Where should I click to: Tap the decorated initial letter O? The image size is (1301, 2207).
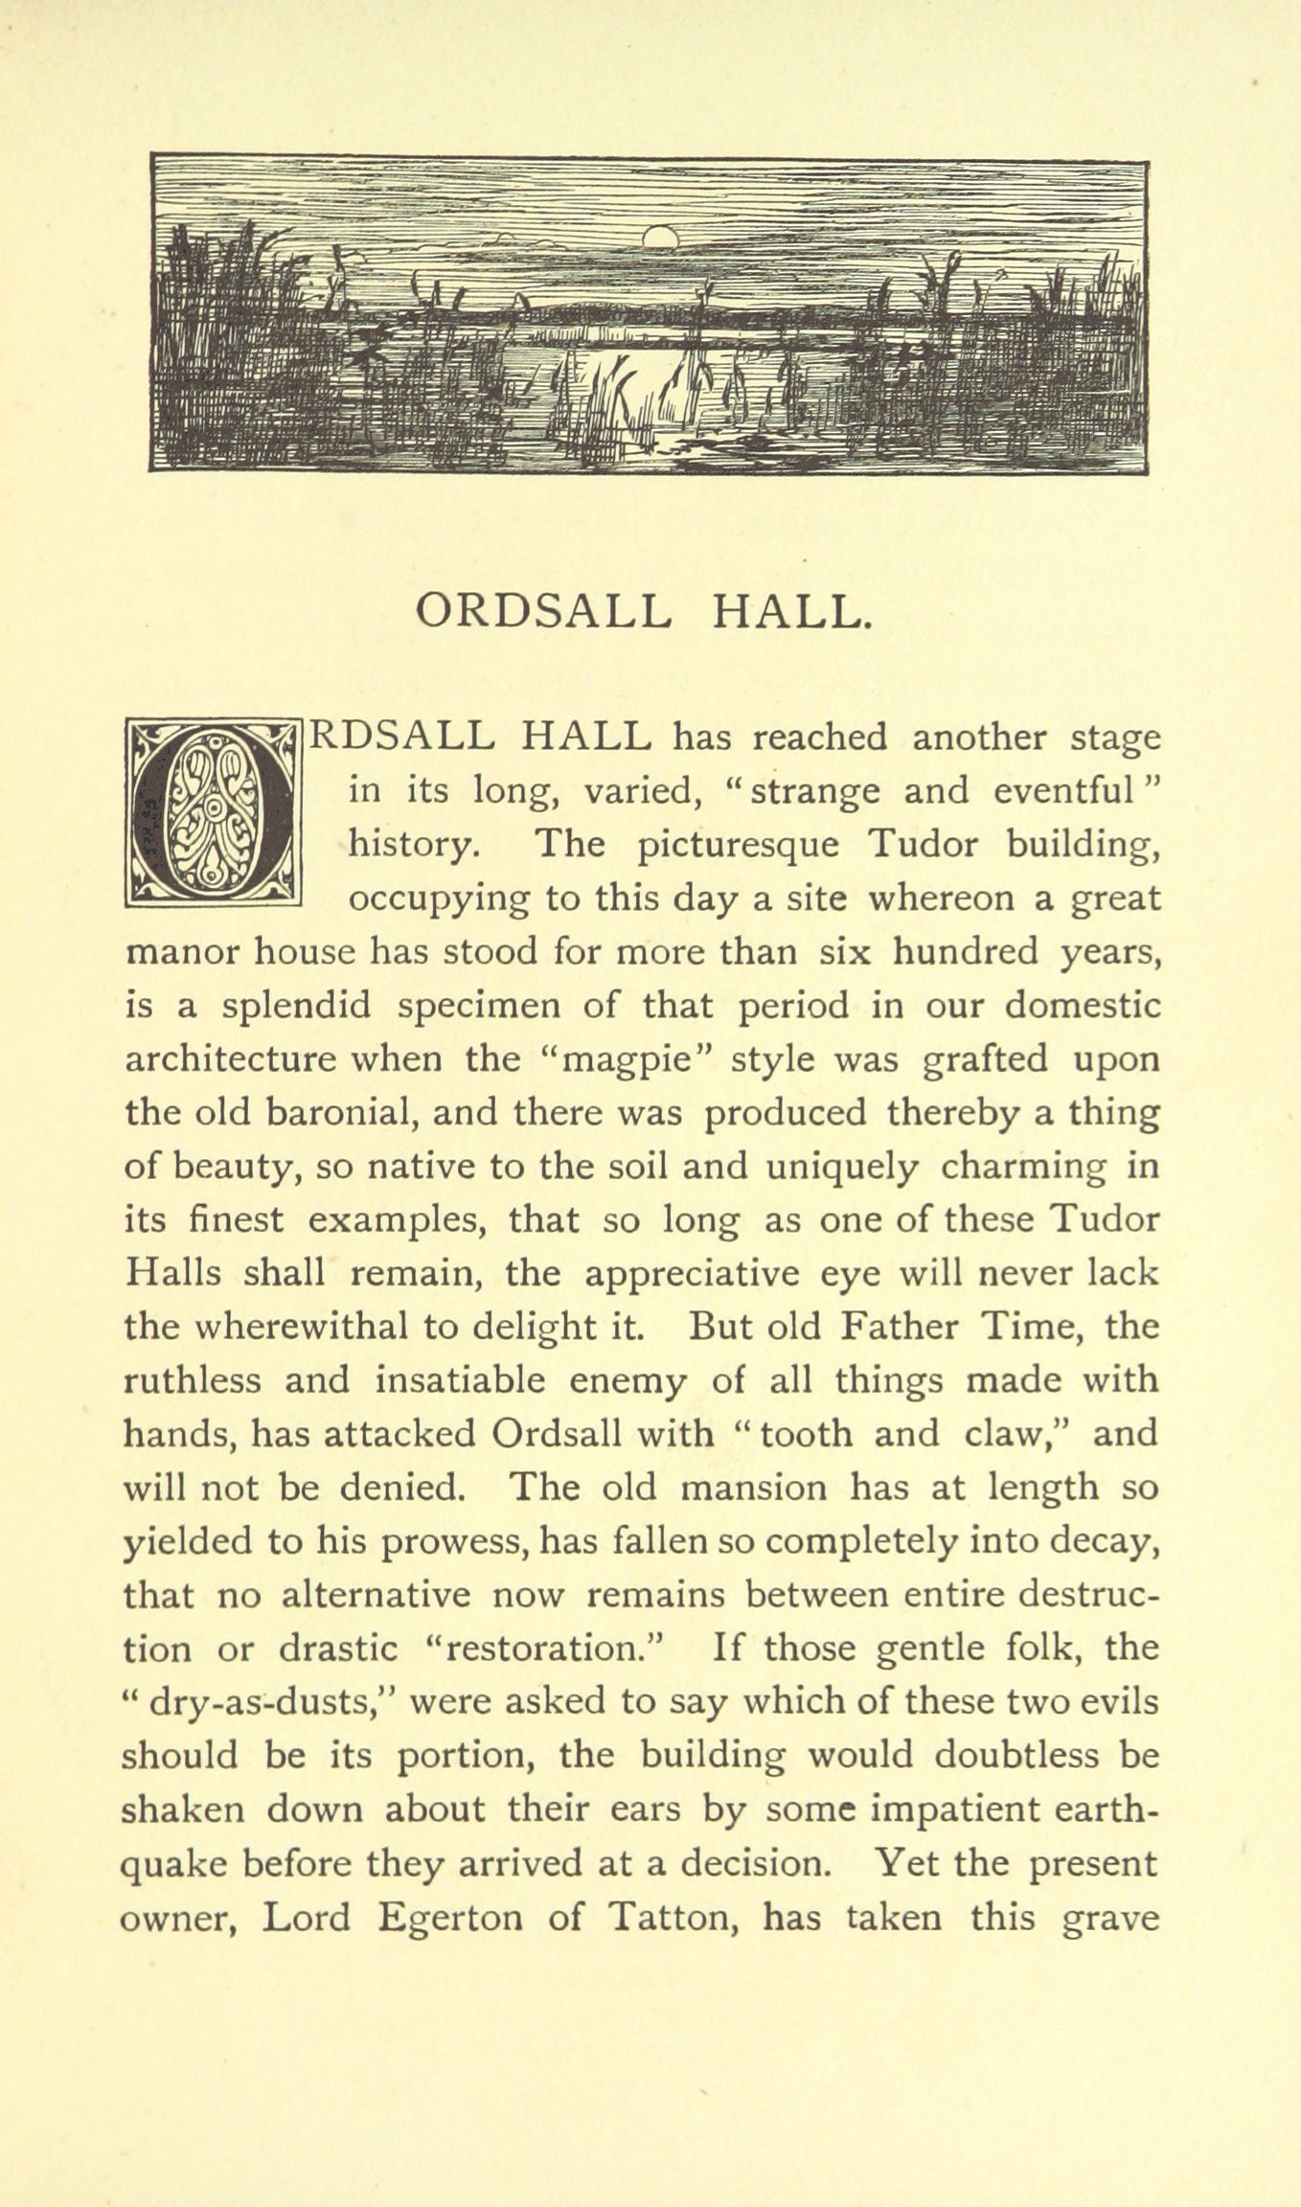pos(214,813)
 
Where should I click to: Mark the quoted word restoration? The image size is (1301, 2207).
pos(544,1648)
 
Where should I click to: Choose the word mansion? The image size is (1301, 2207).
pos(753,1488)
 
